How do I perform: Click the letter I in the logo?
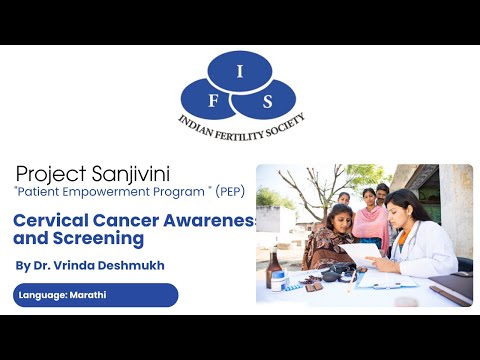[x=239, y=69]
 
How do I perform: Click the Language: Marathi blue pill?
[x=96, y=295]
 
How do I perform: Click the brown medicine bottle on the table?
[x=274, y=268]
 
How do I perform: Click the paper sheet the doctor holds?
[x=361, y=254]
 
